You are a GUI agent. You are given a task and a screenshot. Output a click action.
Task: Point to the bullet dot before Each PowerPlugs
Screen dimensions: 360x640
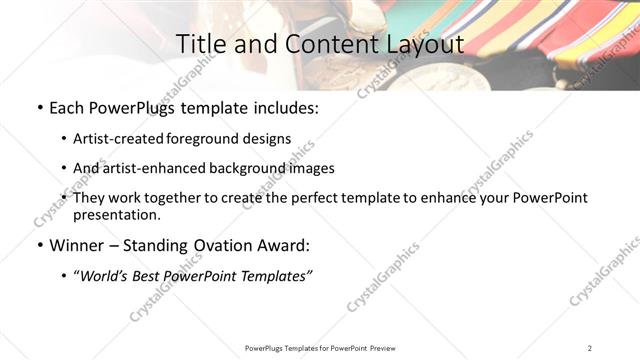point(39,105)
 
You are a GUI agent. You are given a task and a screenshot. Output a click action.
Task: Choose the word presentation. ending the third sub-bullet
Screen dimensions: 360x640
point(116,214)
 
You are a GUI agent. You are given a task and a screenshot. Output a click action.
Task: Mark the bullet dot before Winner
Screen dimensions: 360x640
point(39,245)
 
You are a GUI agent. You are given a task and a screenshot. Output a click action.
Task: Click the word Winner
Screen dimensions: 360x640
point(78,245)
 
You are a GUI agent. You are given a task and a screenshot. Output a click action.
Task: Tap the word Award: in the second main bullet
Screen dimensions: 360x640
point(285,245)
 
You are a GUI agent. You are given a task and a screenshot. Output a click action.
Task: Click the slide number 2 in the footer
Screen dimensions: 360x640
point(590,348)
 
